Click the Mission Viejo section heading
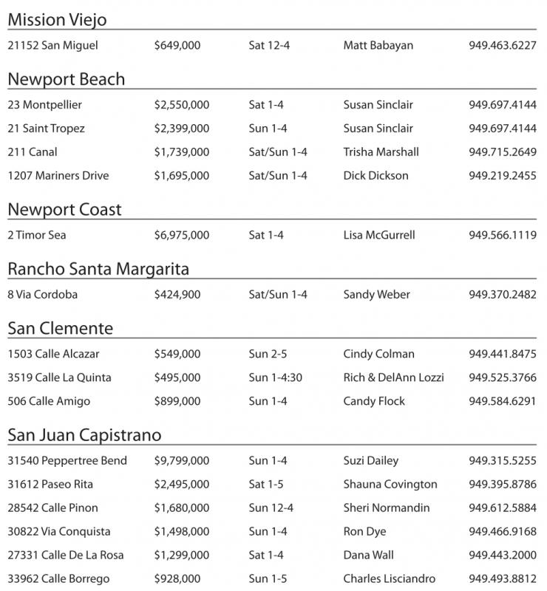point(57,20)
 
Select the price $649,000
point(177,46)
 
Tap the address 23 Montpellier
point(44,105)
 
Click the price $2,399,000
point(182,129)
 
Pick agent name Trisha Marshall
point(381,152)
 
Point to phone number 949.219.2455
point(503,176)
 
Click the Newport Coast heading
point(64,210)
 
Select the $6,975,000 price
point(182,236)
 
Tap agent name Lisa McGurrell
point(379,236)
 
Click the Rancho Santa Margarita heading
point(98,269)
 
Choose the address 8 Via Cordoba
point(42,295)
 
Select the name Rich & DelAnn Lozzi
point(393,378)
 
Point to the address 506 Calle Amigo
point(49,401)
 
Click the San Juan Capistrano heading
point(84,434)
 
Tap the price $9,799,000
point(182,461)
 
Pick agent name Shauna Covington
point(390,485)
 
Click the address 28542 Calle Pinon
point(52,508)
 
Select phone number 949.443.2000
point(503,556)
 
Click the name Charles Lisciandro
point(390,579)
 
